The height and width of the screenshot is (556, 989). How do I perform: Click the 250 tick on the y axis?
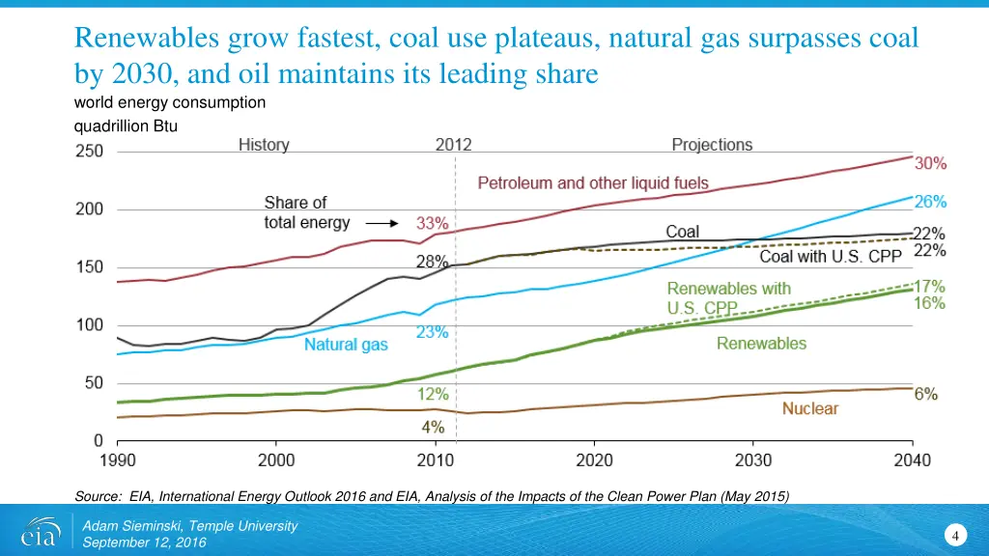[91, 152]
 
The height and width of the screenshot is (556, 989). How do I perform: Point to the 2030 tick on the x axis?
[753, 459]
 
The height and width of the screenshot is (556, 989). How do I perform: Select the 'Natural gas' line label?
[346, 345]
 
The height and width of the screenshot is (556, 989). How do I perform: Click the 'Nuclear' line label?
[809, 408]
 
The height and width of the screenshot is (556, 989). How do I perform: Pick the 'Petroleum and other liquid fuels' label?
[593, 183]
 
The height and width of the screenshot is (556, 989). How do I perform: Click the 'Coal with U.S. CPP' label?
[831, 256]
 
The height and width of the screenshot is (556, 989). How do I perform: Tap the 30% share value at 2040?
[931, 164]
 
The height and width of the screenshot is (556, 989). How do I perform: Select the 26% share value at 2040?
[931, 202]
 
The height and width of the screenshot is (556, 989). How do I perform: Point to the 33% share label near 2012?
[432, 222]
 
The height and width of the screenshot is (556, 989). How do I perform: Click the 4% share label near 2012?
[432, 426]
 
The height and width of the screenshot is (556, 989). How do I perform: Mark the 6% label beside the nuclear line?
[926, 394]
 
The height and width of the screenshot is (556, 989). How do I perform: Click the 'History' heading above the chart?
[264, 145]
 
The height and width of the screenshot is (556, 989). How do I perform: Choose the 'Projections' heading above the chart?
[712, 145]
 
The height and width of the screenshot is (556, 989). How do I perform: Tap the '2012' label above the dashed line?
[453, 145]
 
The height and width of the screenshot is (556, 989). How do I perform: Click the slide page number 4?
[954, 536]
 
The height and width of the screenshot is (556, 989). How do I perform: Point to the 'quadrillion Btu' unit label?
[126, 125]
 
